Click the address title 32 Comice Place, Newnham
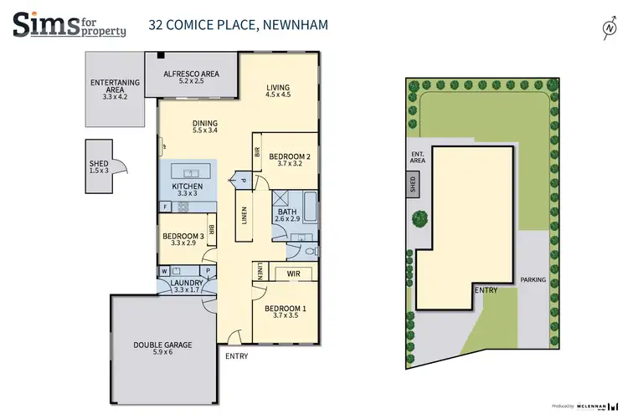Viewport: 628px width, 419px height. [238, 24]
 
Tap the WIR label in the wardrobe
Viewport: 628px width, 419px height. [292, 273]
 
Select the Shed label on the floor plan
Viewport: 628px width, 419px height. [99, 168]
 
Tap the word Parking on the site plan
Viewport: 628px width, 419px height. [533, 280]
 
